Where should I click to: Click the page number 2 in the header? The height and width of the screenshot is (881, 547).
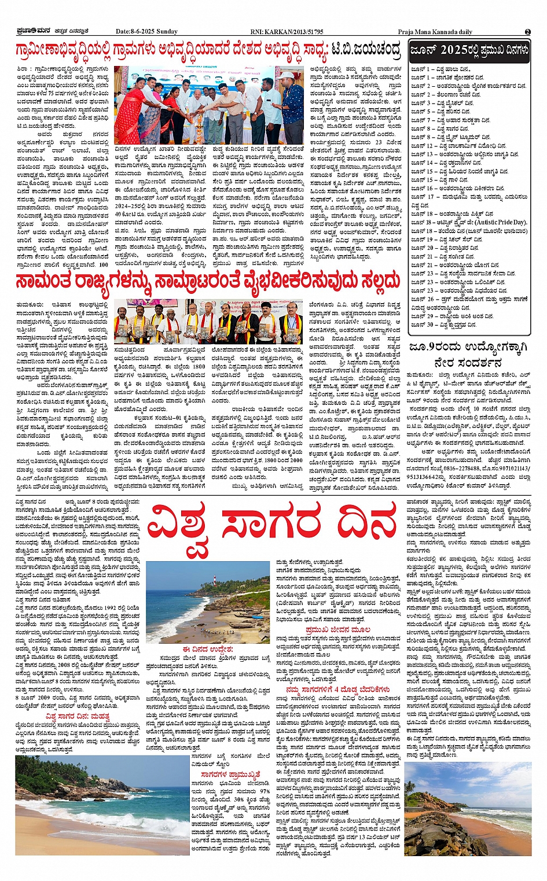tap(527, 32)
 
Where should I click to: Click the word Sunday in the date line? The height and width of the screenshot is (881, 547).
tap(166, 32)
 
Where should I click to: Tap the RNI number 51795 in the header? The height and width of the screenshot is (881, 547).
tap(313, 32)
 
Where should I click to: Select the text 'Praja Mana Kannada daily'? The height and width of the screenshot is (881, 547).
tap(435, 32)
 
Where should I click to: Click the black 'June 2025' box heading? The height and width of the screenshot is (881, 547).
tap(469, 50)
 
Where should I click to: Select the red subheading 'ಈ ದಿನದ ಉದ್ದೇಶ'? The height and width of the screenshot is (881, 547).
tap(207, 650)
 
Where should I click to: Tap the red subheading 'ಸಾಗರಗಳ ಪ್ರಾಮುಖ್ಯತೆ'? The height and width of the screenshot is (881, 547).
tap(230, 774)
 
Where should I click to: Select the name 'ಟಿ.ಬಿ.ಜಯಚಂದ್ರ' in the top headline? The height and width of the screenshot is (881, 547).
tap(365, 50)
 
